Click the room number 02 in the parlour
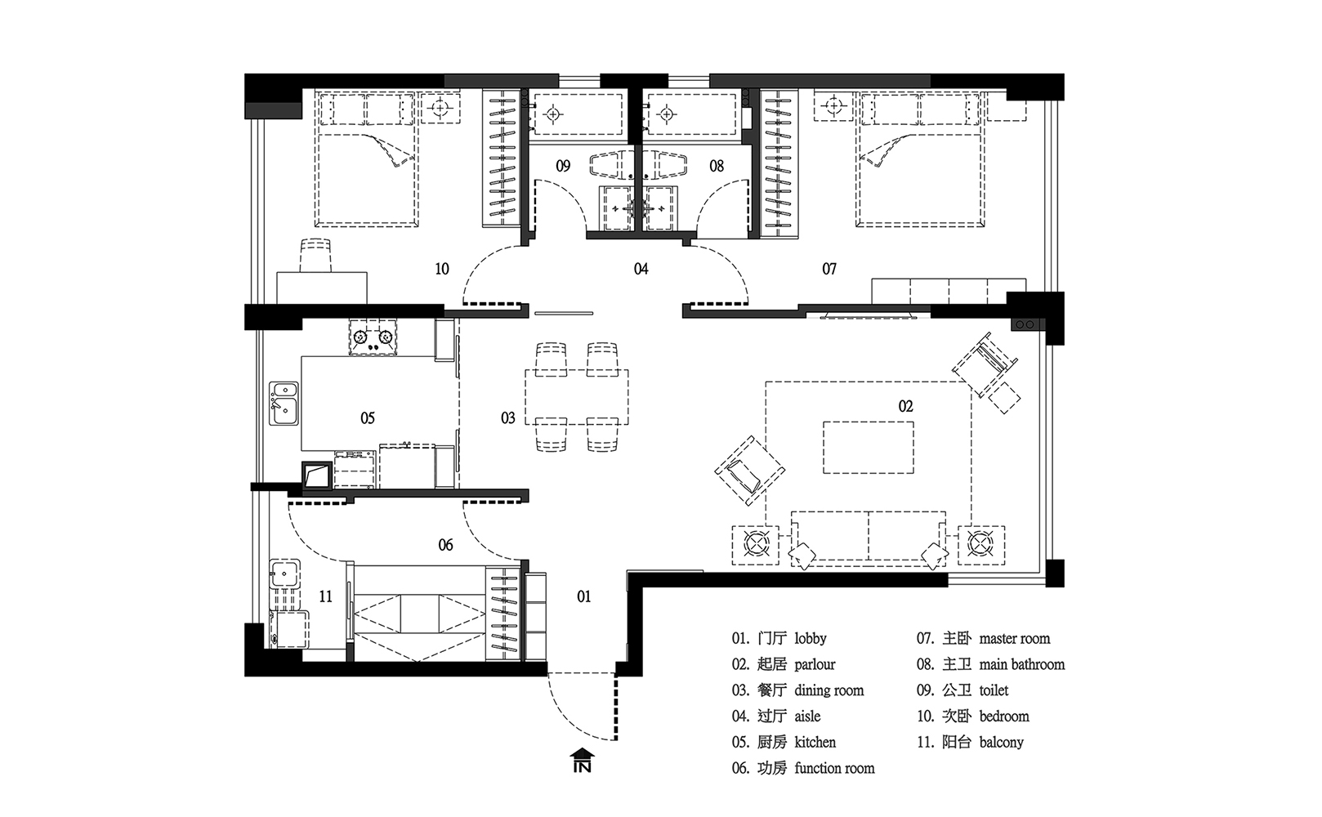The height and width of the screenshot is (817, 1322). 905,406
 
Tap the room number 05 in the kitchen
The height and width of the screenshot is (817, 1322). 367,418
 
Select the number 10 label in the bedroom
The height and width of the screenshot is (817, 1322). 441,269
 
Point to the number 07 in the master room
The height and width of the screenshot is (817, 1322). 829,269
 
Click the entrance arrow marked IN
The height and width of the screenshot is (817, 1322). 582,760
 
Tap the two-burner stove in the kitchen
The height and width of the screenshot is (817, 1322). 373,337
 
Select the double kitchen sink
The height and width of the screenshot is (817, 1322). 284,403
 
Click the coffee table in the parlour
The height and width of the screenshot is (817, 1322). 869,448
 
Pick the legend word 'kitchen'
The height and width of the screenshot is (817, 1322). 815,742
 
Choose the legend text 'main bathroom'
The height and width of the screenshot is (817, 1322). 1021,664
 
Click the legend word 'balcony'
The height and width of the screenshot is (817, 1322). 1001,742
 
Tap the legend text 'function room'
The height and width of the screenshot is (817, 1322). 834,768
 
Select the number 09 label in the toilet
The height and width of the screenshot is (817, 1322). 563,166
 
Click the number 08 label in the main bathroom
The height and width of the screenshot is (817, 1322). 717,166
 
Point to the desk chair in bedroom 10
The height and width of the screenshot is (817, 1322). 315,255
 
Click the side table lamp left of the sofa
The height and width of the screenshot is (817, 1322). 756,545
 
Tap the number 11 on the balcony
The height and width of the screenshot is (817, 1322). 326,596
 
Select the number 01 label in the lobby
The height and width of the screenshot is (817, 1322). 583,596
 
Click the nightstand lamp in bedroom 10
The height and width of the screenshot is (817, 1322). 440,108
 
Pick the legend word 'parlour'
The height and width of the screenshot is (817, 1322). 815,664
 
